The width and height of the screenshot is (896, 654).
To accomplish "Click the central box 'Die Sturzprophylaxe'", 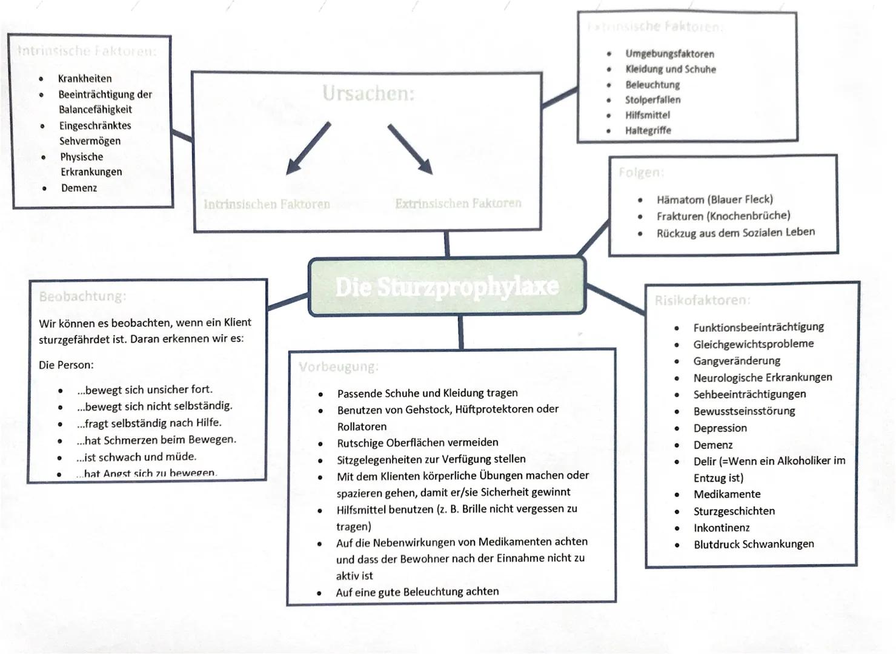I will tap(447, 286).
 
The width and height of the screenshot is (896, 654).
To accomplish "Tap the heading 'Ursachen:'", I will tap(368, 93).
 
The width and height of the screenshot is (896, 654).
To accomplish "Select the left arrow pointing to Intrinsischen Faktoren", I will tap(308, 148).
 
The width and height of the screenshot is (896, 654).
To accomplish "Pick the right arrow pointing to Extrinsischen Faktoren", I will tap(411, 149).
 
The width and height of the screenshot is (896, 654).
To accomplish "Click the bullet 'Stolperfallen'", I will tap(652, 100).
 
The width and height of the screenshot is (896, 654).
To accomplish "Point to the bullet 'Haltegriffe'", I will tap(648, 130).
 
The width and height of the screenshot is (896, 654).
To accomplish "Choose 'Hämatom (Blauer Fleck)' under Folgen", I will tap(714, 199).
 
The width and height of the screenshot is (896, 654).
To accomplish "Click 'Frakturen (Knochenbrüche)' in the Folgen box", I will tap(723, 216).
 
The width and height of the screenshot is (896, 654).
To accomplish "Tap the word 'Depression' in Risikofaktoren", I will tap(720, 428).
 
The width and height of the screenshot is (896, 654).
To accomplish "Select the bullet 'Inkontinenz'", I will tap(721, 527).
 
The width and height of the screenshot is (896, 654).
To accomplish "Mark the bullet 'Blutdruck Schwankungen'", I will tap(753, 544).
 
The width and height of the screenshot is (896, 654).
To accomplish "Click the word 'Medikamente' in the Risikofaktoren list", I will tap(726, 494).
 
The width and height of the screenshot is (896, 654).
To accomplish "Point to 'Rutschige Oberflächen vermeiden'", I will tap(417, 443).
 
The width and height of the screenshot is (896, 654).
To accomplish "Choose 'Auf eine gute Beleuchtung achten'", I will tap(417, 592).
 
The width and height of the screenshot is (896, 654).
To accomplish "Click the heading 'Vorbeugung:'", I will tap(338, 367).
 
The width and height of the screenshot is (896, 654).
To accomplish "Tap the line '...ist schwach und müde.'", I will tap(136, 457).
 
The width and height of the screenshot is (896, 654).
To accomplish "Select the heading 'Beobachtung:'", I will tap(82, 296).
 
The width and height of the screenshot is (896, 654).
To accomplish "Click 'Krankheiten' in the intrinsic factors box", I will tap(85, 78).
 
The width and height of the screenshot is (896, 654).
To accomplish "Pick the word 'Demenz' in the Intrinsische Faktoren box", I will tap(79, 188).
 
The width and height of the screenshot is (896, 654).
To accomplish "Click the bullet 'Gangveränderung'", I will tap(736, 361).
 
